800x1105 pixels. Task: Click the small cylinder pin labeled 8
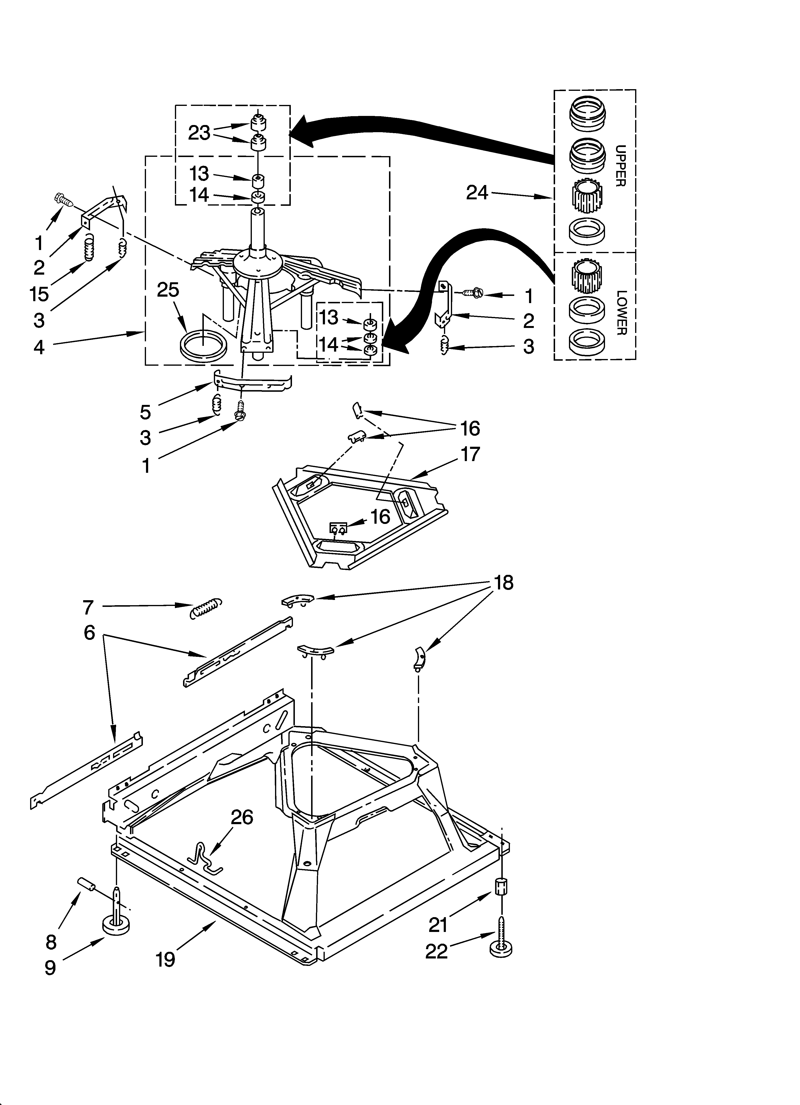click(85, 884)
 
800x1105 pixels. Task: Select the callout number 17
click(470, 454)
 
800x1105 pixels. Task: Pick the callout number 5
click(145, 412)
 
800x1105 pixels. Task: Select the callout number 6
click(89, 633)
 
